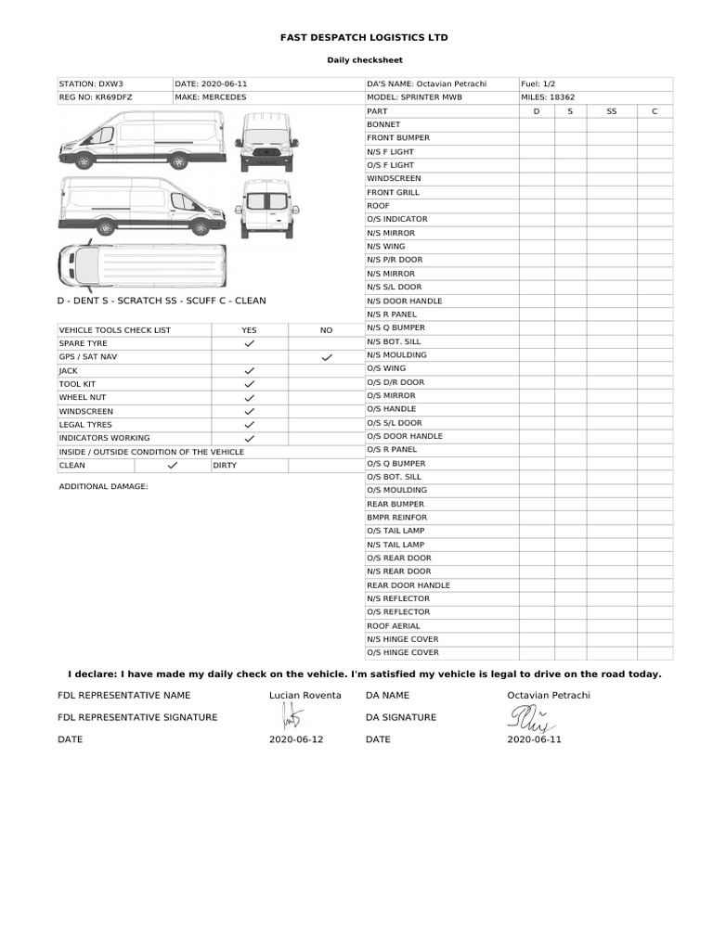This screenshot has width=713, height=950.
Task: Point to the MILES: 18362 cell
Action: point(549,96)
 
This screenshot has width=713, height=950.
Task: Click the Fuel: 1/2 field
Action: point(538,83)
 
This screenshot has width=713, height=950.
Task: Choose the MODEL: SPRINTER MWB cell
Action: point(414,96)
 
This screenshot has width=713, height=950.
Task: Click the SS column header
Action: point(611,111)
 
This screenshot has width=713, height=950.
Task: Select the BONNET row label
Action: point(383,124)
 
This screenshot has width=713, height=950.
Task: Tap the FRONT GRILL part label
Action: point(393,192)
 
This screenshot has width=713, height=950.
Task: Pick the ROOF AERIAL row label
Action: point(394,626)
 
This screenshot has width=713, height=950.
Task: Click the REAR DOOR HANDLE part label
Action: point(408,585)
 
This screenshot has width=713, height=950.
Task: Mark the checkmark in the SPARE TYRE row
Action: point(249,343)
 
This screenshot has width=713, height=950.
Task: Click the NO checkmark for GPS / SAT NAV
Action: point(327,357)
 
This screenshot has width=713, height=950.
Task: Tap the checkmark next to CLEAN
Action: point(172,466)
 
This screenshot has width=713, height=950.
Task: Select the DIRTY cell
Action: point(226,466)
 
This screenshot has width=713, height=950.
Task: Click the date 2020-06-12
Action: point(296,739)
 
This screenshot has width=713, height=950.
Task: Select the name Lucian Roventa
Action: point(305,695)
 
